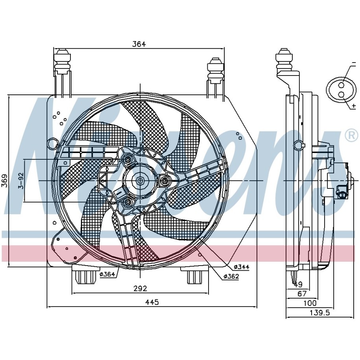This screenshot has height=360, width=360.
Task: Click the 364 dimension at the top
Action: tap(139, 44)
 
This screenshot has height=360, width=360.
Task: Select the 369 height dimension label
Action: tap(5, 181)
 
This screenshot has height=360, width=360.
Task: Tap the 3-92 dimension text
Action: tap(21, 181)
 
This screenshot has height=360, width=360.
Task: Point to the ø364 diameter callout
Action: tap(107, 274)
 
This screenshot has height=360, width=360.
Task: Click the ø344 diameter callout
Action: tap(242, 267)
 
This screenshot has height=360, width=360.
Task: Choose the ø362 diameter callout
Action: tap(231, 277)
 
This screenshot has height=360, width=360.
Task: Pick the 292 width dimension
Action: tap(140, 288)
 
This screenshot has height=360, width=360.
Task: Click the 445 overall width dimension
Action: tap(152, 302)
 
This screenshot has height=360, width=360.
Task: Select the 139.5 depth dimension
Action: tap(319, 312)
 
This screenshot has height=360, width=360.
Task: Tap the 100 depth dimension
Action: tap(310, 303)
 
